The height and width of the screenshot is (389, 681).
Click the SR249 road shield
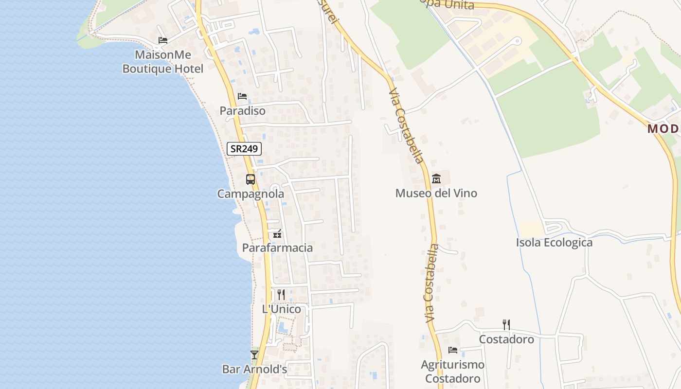click(x=244, y=149)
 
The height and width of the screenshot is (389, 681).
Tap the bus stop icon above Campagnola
click(x=251, y=179)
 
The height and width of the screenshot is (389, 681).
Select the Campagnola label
click(x=251, y=194)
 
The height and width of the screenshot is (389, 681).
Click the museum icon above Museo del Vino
click(x=436, y=179)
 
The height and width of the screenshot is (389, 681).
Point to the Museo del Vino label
click(x=436, y=193)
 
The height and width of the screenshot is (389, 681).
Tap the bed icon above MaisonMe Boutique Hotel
click(x=163, y=40)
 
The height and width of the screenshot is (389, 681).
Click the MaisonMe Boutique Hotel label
click(x=163, y=62)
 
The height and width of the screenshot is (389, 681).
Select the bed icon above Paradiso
click(x=242, y=96)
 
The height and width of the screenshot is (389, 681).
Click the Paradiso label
click(x=242, y=111)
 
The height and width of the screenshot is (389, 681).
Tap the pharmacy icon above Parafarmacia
click(x=277, y=234)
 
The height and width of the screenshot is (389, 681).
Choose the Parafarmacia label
click(x=277, y=248)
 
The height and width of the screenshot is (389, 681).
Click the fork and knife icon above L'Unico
click(x=281, y=295)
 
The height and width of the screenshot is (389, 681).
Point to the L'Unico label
click(x=282, y=309)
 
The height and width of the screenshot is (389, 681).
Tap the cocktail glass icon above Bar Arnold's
click(x=254, y=355)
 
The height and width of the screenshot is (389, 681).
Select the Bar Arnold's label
click(x=254, y=369)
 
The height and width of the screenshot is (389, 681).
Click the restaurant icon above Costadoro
click(x=506, y=325)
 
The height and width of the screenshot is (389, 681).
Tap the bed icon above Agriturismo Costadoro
click(x=453, y=350)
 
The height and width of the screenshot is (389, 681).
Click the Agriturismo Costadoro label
click(x=453, y=371)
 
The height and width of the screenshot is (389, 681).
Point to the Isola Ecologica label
click(x=554, y=243)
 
